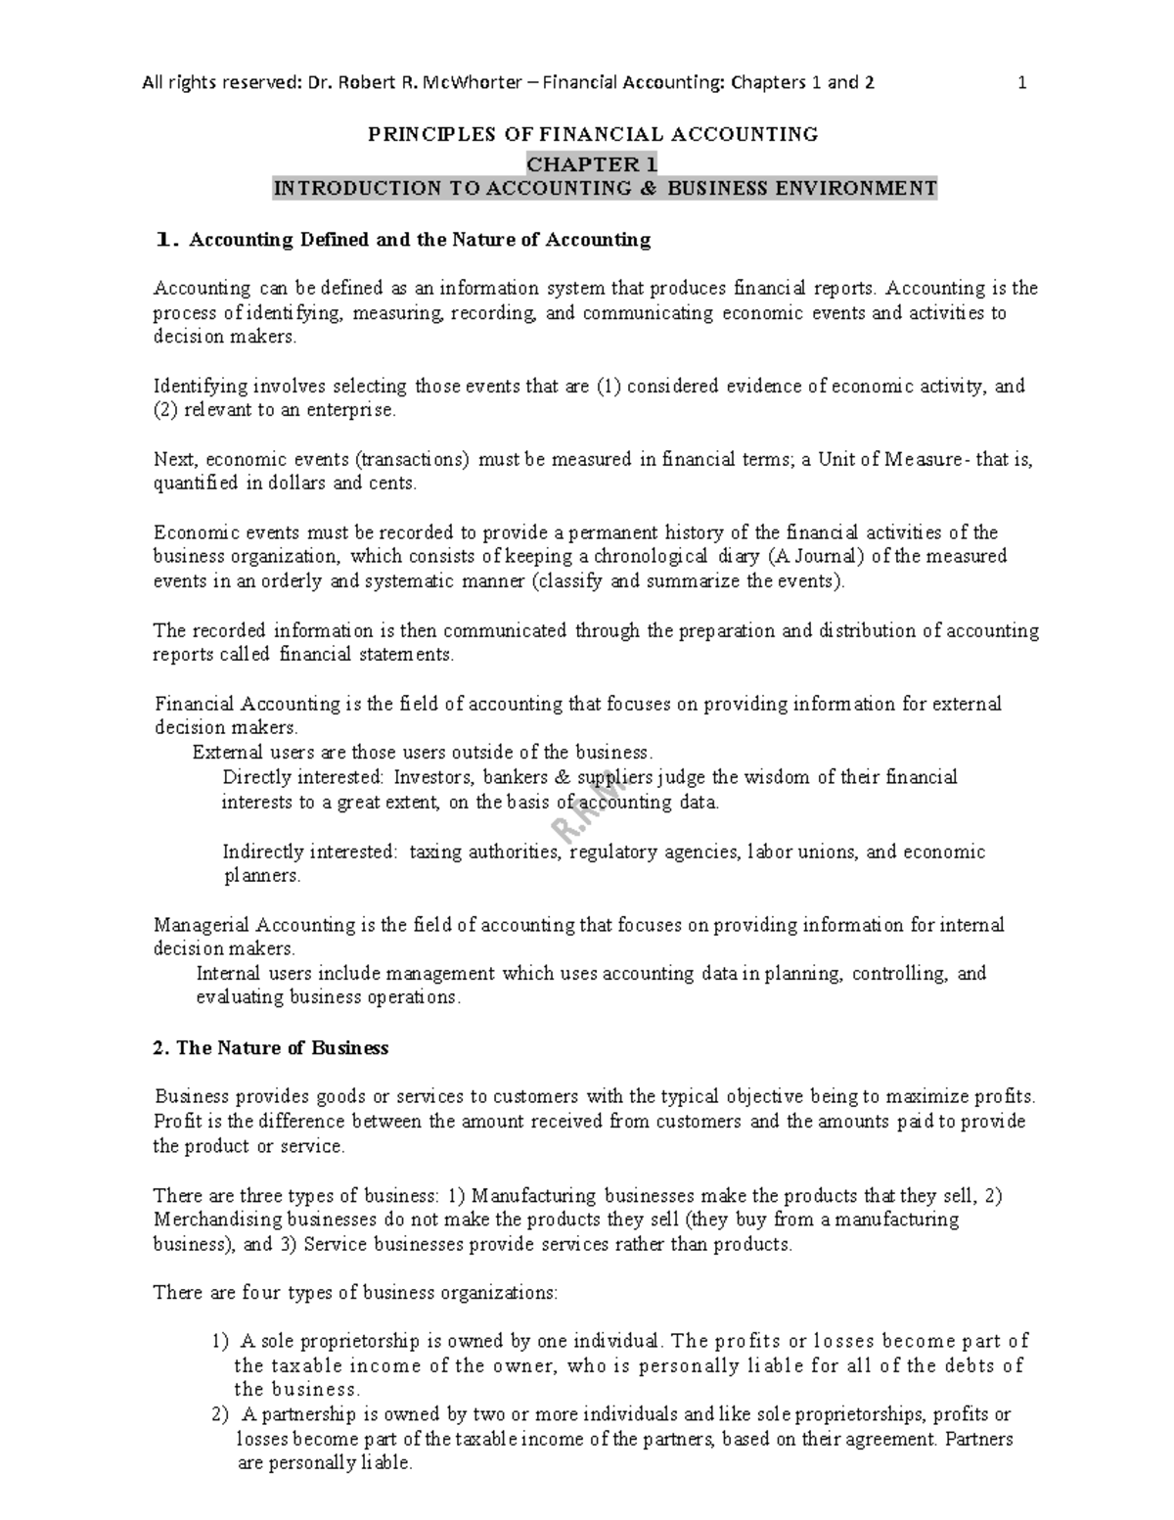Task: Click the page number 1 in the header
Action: point(1022,83)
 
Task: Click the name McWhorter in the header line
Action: point(463,83)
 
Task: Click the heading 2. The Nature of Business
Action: point(271,1048)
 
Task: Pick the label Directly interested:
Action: point(304,778)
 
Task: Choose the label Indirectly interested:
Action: point(310,852)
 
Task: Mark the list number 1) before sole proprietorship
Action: point(220,1342)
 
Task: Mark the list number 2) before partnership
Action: point(220,1415)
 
